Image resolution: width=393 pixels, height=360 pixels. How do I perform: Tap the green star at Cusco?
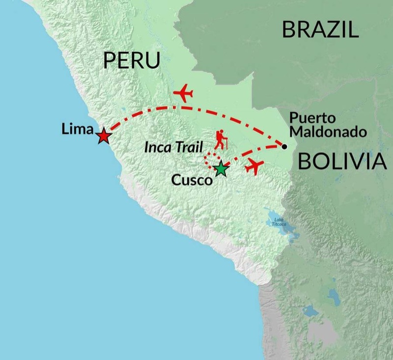pos(222,168)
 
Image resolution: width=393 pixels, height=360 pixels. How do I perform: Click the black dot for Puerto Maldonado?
pos(284,145)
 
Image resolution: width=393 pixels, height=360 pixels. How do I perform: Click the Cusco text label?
pos(192,180)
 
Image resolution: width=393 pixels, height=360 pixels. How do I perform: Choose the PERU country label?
pos(132,61)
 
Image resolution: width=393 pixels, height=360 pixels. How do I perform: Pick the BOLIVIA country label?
pos(339,162)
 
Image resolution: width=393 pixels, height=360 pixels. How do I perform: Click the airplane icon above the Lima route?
pos(183,92)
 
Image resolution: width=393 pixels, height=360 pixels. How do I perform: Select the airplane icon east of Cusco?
pos(254,166)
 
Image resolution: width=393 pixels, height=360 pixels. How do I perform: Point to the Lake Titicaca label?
pos(278,222)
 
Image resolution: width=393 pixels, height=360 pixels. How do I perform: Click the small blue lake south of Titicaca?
pos(310,311)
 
